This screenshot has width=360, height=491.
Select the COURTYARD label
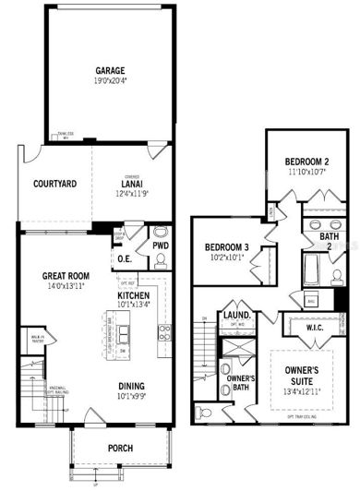[54, 184]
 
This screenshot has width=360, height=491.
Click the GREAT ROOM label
[65, 275]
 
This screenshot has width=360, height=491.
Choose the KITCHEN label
[136, 295]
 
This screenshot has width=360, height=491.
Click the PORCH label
[119, 449]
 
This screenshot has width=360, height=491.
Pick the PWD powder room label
[161, 246]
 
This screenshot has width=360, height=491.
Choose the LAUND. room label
[234, 317]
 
